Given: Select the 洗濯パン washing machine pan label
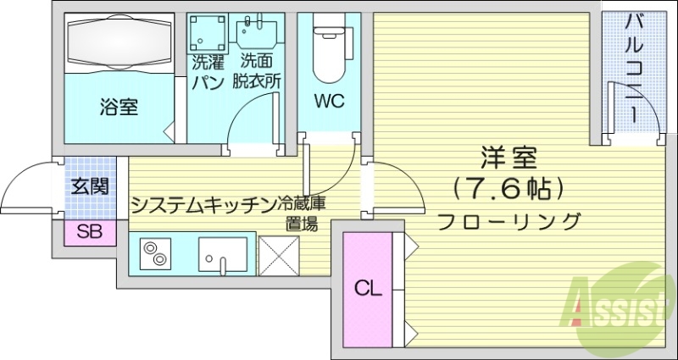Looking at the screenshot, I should pos(207,71).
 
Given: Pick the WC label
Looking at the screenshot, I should pos(329,102).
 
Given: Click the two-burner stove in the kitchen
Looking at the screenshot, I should pos(155,252).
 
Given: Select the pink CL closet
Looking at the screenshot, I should pos(368,288).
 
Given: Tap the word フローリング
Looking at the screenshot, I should pos(509,221).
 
